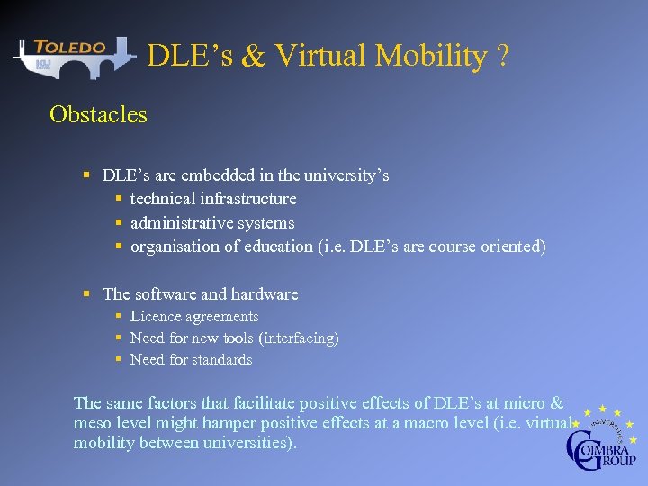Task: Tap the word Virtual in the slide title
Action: tap(318, 56)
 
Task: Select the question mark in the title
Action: tap(502, 56)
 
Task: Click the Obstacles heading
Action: tap(98, 115)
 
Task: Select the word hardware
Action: tap(265, 293)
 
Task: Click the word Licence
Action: tap(156, 316)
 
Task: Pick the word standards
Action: tap(222, 360)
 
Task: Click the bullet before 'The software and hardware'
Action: tap(86, 293)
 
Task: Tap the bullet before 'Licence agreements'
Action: tap(119, 316)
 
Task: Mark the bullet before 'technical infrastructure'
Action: tap(119, 198)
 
